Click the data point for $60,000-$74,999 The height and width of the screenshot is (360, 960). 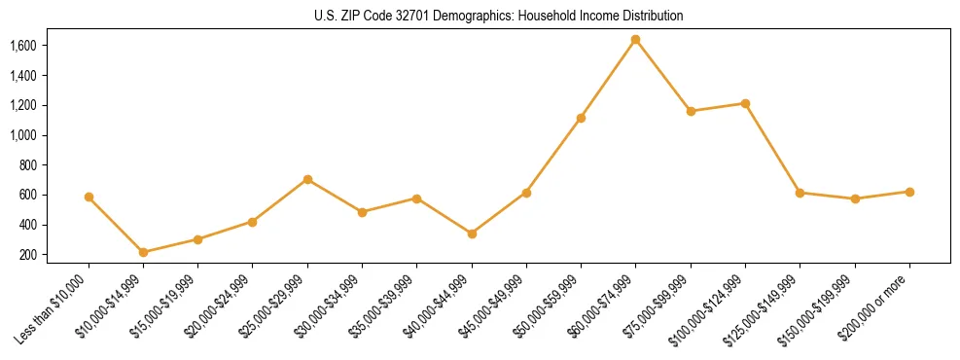(635, 40)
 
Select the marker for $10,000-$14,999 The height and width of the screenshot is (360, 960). (143, 252)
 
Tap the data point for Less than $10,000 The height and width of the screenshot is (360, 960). (89, 197)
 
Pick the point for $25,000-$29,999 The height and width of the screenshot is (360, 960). (307, 179)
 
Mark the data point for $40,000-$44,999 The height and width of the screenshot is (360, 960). (472, 234)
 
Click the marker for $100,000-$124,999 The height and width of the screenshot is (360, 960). (745, 103)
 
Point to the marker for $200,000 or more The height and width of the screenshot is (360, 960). (909, 192)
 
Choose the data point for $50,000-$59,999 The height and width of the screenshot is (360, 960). (581, 118)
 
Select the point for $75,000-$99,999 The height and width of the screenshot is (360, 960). (691, 111)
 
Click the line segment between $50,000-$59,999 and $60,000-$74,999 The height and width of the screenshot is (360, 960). (608, 79)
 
